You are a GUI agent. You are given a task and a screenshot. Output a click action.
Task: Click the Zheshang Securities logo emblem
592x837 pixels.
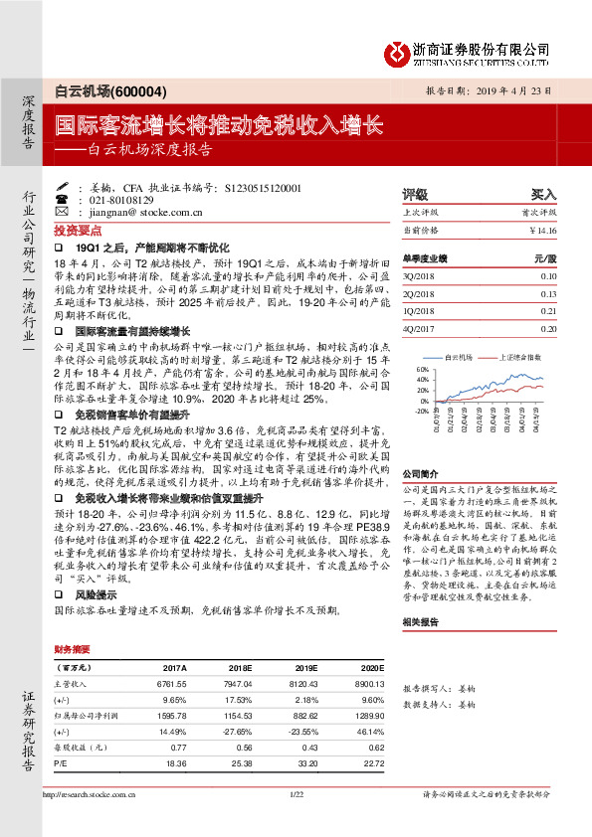(x=396, y=50)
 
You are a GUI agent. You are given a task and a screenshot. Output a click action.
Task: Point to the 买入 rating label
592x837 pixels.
(x=543, y=195)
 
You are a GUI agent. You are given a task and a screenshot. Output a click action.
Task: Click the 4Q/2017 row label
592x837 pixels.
(x=418, y=326)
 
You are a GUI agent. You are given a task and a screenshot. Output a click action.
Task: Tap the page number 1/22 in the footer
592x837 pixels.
(x=296, y=821)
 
